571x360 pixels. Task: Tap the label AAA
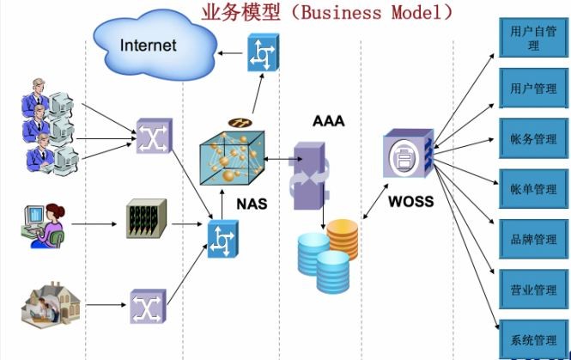[x=329, y=121]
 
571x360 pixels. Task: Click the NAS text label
[x=252, y=204]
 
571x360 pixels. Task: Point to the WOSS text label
[x=411, y=202]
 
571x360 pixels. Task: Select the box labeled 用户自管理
[x=533, y=38]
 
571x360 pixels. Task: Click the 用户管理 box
[x=533, y=88]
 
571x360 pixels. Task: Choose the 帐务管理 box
[x=533, y=138]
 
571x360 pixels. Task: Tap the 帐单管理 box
[x=533, y=189]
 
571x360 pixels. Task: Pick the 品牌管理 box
[x=533, y=239]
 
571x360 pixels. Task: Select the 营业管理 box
[x=533, y=290]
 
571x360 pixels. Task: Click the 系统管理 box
[x=533, y=339]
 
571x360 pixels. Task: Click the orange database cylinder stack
[x=343, y=239]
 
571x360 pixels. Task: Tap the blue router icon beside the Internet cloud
[x=264, y=52]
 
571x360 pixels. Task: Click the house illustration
[x=51, y=303]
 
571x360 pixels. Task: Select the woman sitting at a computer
[x=43, y=226]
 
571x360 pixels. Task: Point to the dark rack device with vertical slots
[x=146, y=218]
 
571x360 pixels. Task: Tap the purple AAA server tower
[x=309, y=175]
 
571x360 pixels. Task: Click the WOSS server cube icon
[x=409, y=154]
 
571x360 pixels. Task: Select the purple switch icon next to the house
[x=149, y=306]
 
